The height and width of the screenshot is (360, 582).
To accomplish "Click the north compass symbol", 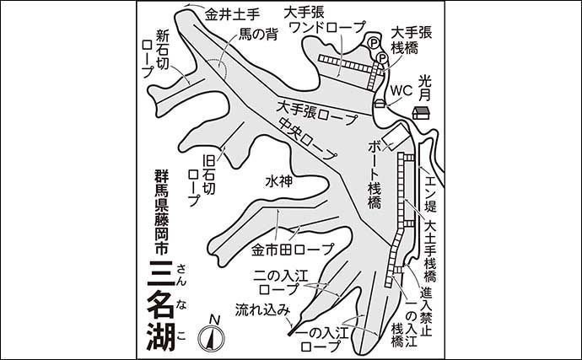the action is (212, 336).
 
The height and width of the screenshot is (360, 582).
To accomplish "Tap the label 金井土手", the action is (232, 15).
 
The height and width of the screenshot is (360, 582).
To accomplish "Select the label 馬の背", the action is (258, 35).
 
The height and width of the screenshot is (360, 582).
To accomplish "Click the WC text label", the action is (401, 90).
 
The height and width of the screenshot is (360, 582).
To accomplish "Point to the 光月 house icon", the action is (421, 113).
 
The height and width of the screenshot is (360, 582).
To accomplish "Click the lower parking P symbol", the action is (382, 58).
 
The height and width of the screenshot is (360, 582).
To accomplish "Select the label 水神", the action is (279, 181).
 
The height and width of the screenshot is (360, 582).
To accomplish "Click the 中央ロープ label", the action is (307, 139).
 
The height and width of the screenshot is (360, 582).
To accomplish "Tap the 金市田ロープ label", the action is (293, 250).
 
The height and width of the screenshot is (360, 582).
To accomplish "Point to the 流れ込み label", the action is (262, 309).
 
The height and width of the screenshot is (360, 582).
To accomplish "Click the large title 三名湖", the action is (161, 306).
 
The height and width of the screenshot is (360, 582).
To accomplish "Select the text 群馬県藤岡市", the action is (162, 212).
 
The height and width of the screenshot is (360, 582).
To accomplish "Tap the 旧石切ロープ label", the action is (202, 180).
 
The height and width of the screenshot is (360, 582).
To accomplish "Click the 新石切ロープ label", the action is (156, 54).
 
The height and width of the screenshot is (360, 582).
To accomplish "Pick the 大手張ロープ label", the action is (317, 113).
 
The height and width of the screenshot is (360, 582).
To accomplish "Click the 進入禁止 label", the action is (427, 312).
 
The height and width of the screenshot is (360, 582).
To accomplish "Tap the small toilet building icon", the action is (380, 104).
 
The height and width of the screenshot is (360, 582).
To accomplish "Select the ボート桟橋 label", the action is (375, 175).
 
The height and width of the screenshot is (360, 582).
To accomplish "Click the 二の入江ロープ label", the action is (281, 282).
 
